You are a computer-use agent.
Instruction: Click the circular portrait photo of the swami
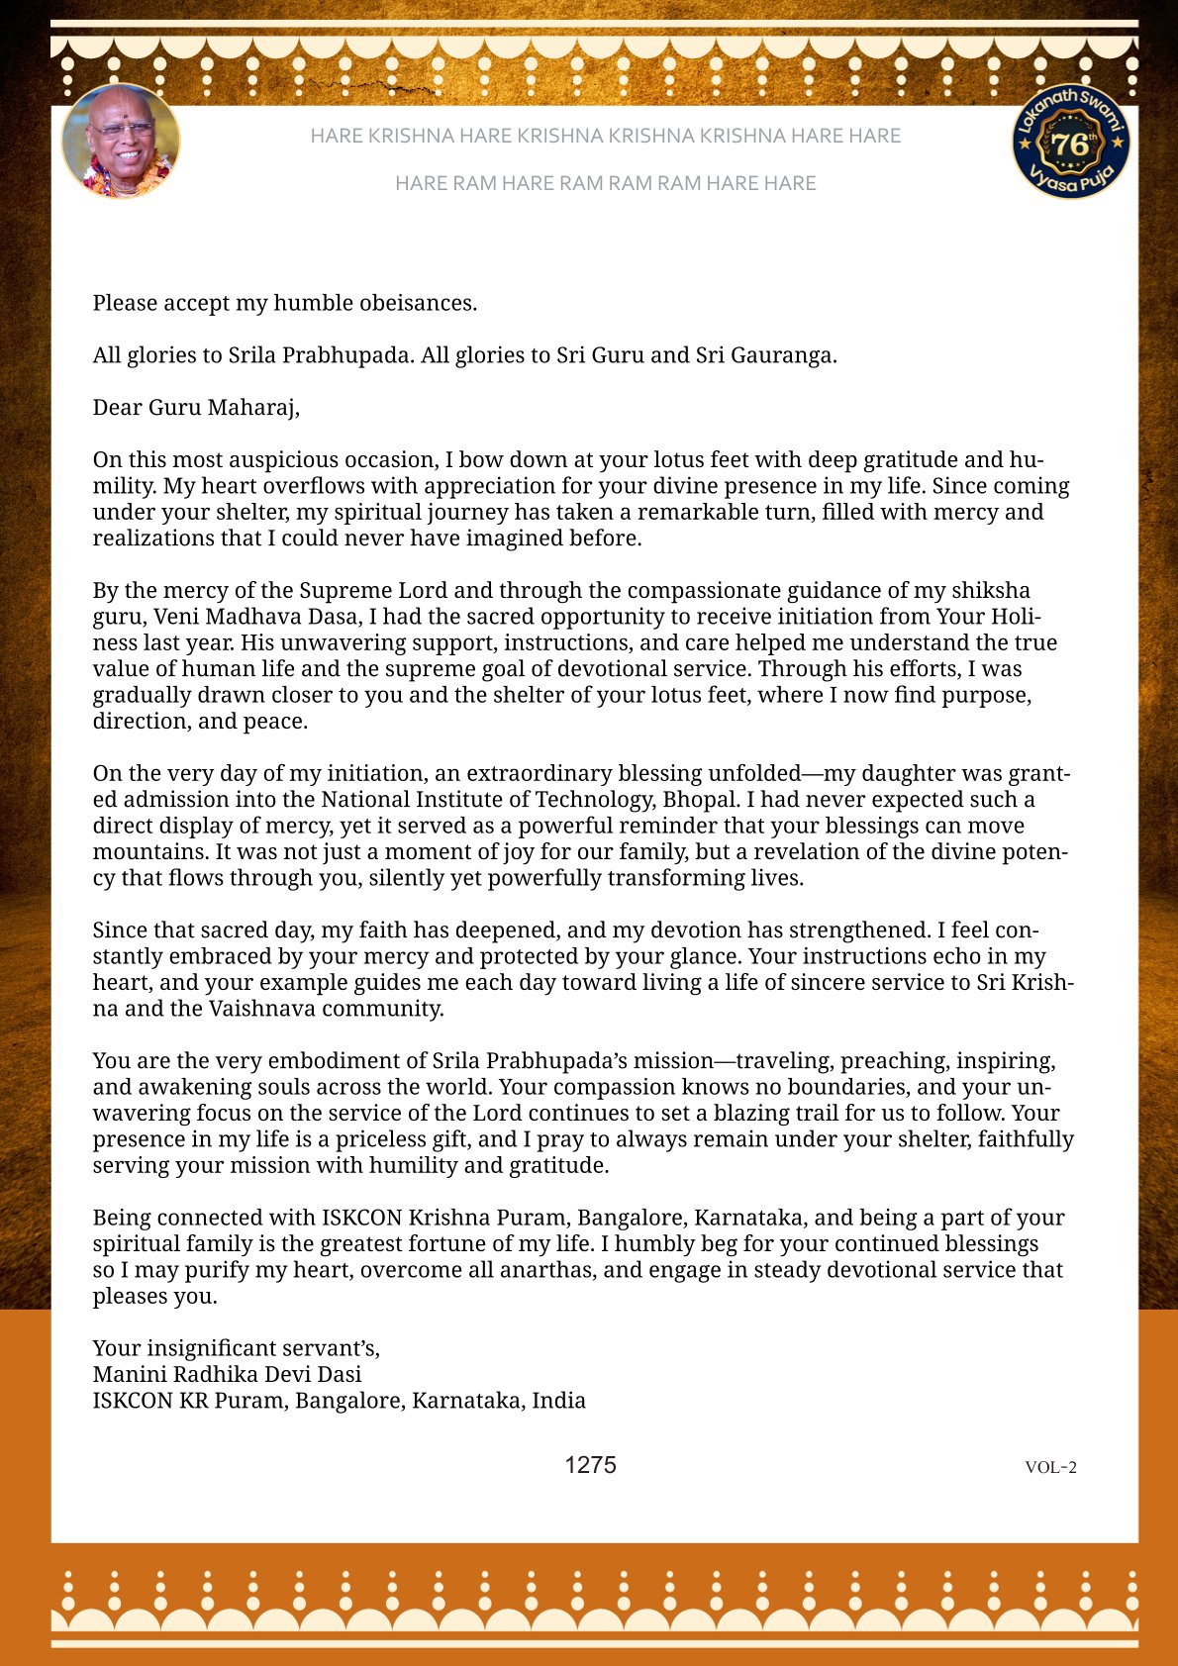click(121, 142)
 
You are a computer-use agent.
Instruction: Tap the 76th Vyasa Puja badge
click(1071, 142)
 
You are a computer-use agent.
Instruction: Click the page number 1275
click(590, 1465)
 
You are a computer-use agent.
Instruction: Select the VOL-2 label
click(1050, 1467)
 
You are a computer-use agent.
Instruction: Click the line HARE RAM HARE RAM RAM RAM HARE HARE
click(605, 183)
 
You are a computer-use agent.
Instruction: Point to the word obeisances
click(417, 303)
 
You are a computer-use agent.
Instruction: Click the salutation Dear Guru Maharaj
click(196, 407)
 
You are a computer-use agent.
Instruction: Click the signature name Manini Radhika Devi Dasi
click(227, 1374)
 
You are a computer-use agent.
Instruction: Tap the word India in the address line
click(558, 1401)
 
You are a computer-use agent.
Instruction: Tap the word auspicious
click(288, 460)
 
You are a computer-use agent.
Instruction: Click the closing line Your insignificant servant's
click(236, 1348)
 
